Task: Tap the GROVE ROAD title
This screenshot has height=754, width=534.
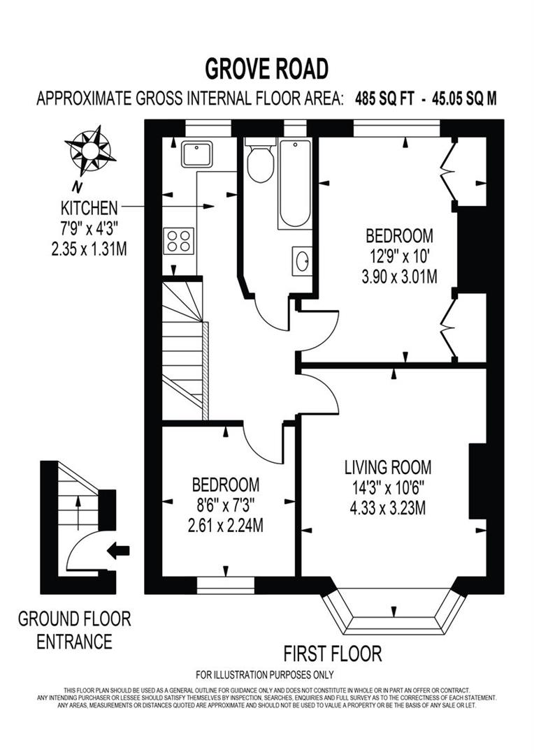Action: tap(266, 70)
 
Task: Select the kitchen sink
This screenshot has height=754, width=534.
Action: tap(196, 154)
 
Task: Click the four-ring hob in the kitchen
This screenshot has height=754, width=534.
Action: tap(178, 241)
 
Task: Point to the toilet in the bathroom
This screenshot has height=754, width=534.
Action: tap(260, 162)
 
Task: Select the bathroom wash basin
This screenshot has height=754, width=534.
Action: tap(302, 261)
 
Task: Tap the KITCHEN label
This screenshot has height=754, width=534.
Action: tap(89, 207)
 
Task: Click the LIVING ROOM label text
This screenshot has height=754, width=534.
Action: tap(387, 466)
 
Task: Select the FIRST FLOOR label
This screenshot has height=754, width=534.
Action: tap(333, 653)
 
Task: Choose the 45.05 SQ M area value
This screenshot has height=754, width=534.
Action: tap(464, 98)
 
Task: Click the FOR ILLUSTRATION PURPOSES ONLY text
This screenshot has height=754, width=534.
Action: tap(265, 674)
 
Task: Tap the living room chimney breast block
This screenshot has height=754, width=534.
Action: tap(477, 481)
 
